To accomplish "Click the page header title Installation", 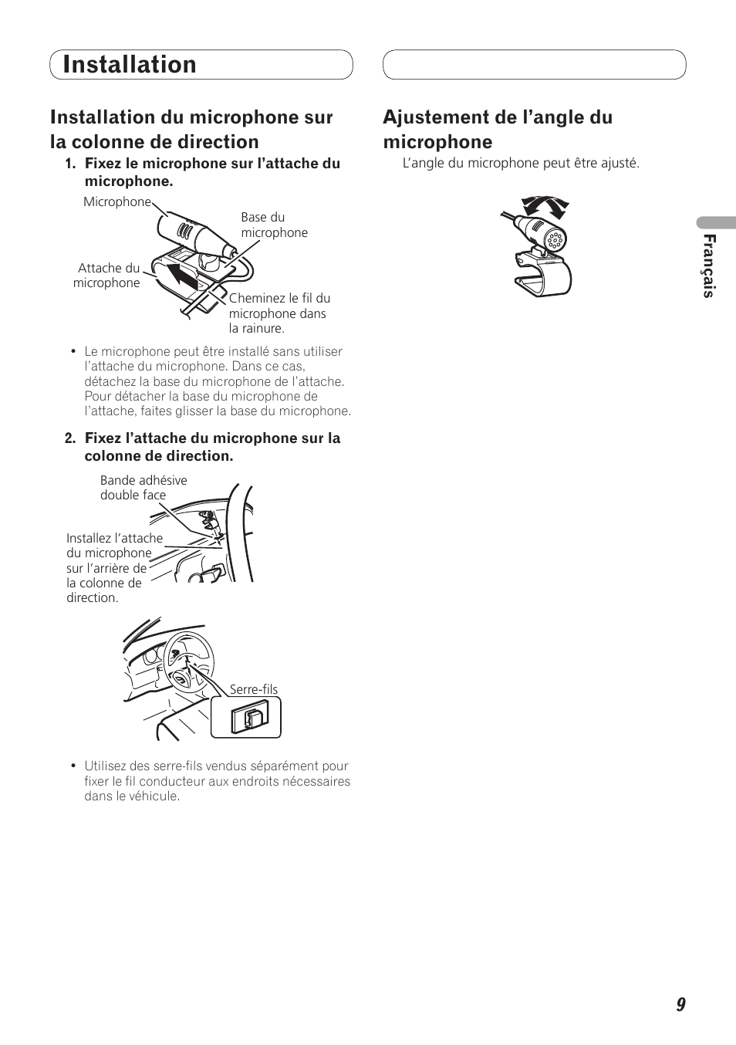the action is [x=130, y=64].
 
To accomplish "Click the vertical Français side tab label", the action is [x=709, y=266].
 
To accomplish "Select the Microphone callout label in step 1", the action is [x=117, y=201].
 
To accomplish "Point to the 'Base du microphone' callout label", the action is [x=274, y=225].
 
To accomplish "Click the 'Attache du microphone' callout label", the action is [x=106, y=276].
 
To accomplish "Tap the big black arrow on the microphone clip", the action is [x=183, y=276].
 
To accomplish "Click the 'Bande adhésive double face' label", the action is [x=143, y=488].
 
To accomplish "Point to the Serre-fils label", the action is [x=254, y=689].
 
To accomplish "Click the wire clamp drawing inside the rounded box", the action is [x=250, y=718].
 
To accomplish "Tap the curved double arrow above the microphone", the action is [x=545, y=206].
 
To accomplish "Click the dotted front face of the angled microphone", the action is [x=555, y=241].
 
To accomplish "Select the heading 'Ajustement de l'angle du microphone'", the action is [x=498, y=129].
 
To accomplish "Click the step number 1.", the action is [x=70, y=164].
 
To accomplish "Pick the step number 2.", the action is [x=70, y=438].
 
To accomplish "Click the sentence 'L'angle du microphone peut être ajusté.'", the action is [x=521, y=164].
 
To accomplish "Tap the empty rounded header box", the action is [x=535, y=64].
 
